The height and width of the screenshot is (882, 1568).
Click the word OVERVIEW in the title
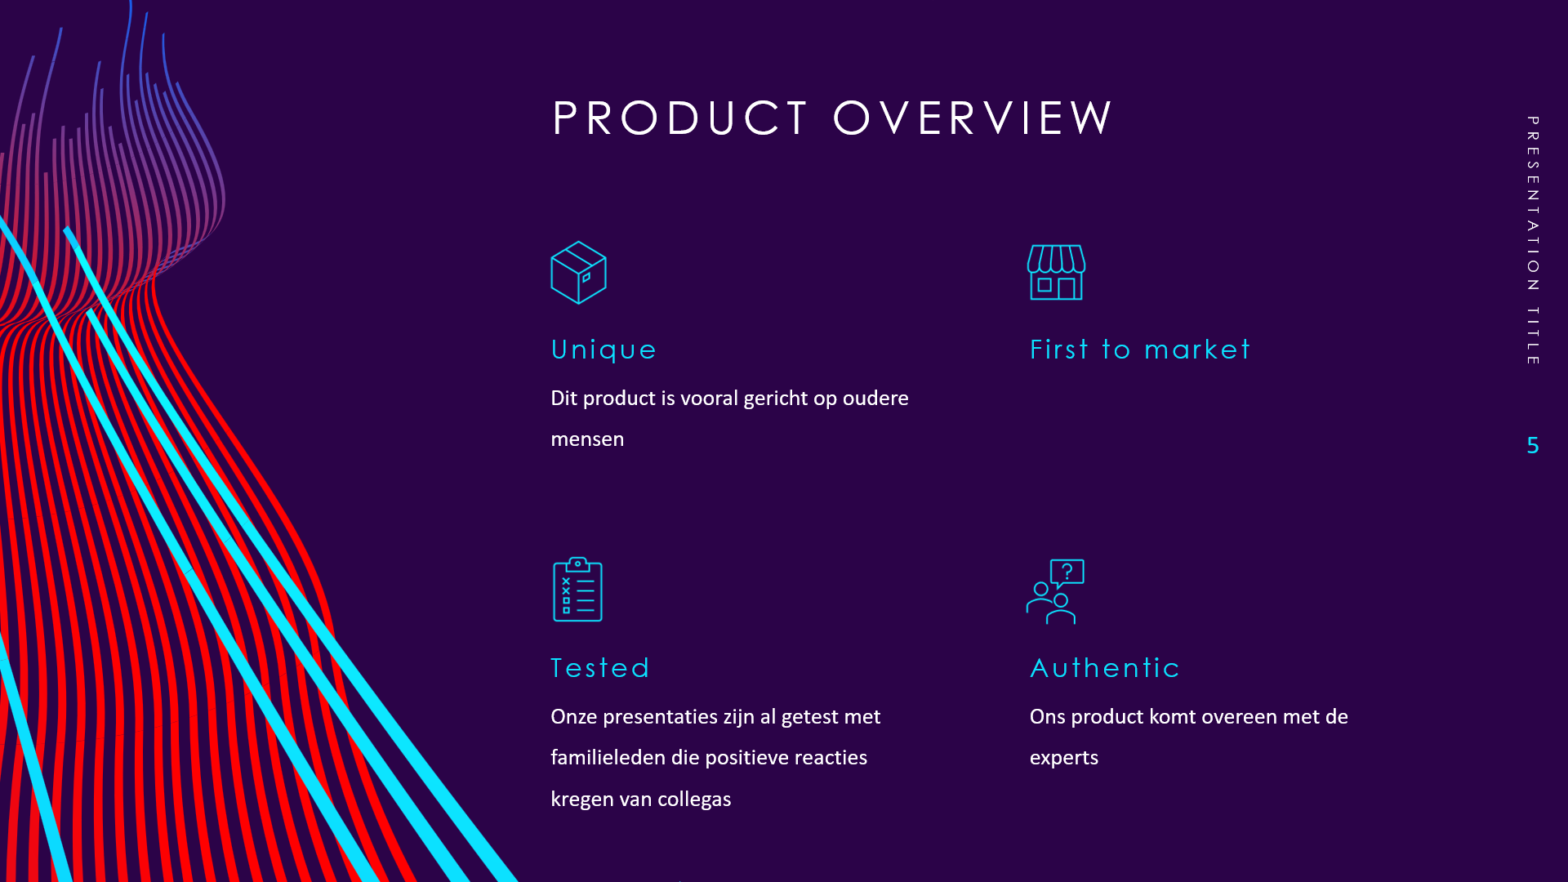pos(973,118)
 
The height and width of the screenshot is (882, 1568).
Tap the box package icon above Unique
pos(578,273)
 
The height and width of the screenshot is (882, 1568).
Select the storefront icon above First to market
pos(1056,273)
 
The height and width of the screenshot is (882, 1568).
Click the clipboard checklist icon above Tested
pos(577,590)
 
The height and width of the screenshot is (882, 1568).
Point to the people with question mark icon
pos(1055,591)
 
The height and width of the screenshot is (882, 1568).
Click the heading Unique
pos(604,350)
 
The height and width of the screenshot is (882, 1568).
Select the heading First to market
pos(1139,350)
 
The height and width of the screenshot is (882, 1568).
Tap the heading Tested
pos(600,668)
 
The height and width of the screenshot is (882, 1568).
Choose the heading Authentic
pos(1104,668)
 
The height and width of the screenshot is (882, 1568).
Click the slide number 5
pos(1533,445)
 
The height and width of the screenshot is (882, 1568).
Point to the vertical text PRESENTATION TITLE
pos(1533,240)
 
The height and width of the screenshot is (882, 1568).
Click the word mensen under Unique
pos(587,439)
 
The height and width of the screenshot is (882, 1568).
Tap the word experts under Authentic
pos(1063,759)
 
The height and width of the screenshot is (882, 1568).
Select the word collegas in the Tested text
pos(694,800)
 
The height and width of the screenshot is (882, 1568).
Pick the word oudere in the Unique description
pos(875,398)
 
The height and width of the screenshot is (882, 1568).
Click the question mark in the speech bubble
pos(1067,572)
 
